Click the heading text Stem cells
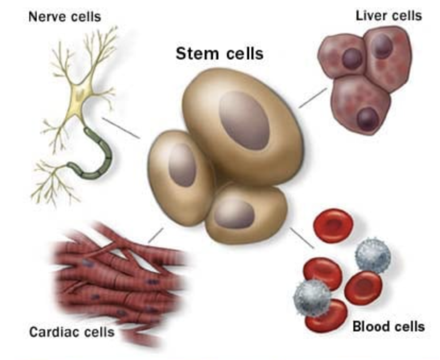(x=219, y=53)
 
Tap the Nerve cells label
(x=65, y=17)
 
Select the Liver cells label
(x=388, y=15)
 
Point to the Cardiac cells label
(x=72, y=332)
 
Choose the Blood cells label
(x=388, y=327)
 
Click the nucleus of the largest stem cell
(x=244, y=120)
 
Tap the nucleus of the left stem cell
(x=182, y=165)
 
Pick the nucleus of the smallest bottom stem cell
(x=234, y=213)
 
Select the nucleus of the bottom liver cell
(x=368, y=119)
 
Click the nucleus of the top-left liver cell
(x=352, y=58)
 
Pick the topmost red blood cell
(x=333, y=225)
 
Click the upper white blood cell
(x=373, y=256)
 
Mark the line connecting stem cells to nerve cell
(x=121, y=128)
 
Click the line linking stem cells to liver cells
(x=313, y=98)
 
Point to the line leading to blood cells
(x=302, y=238)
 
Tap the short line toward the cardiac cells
(x=155, y=235)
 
